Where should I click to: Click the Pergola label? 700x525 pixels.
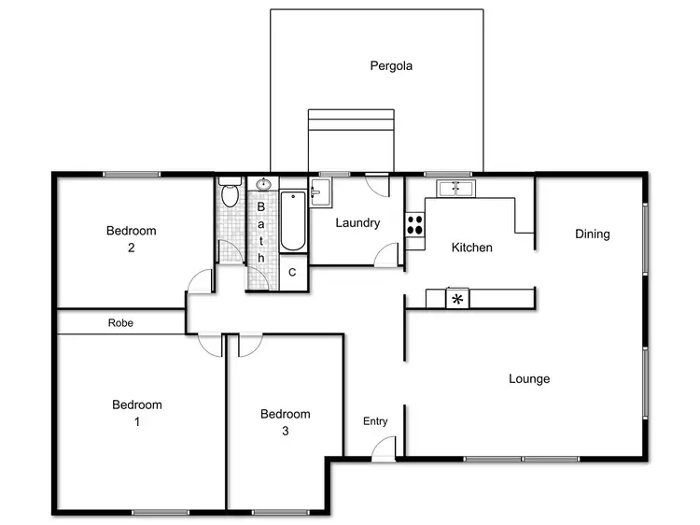coord(390,66)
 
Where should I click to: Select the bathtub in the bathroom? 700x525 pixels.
coord(292,221)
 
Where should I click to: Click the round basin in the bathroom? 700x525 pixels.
coord(263,183)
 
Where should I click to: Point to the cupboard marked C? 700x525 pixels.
coord(292,273)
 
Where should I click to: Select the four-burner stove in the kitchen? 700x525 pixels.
coord(414,225)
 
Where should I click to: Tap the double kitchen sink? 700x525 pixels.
coord(454,188)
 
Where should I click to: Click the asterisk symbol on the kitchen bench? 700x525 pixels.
coord(457,300)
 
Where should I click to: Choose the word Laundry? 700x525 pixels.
coord(357,223)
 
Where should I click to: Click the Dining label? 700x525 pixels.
coord(592,234)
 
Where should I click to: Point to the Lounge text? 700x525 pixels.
coord(529,379)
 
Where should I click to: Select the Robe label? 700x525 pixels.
coord(120,323)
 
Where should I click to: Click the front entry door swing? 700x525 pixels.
coord(383,450)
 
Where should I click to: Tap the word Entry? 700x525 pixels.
coord(375,421)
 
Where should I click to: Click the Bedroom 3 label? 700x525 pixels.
coord(285,422)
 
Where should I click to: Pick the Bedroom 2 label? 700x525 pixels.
coord(131,239)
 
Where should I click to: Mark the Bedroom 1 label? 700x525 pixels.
coord(137,413)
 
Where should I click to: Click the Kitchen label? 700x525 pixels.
coord(471,248)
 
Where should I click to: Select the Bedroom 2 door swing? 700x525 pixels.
coord(199,281)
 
